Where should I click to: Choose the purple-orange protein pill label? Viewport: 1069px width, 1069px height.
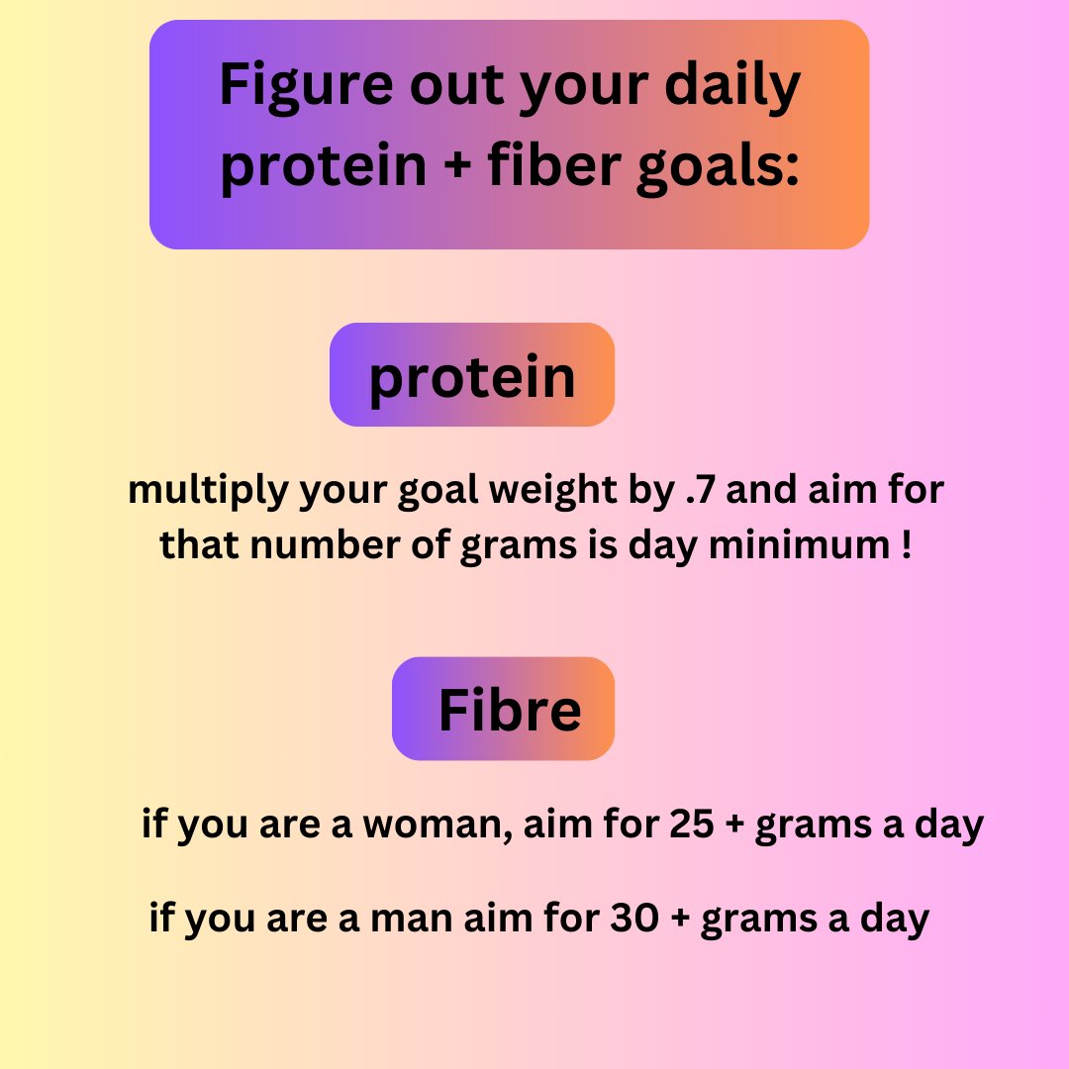tap(472, 375)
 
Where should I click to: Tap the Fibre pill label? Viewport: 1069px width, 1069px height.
tap(505, 709)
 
